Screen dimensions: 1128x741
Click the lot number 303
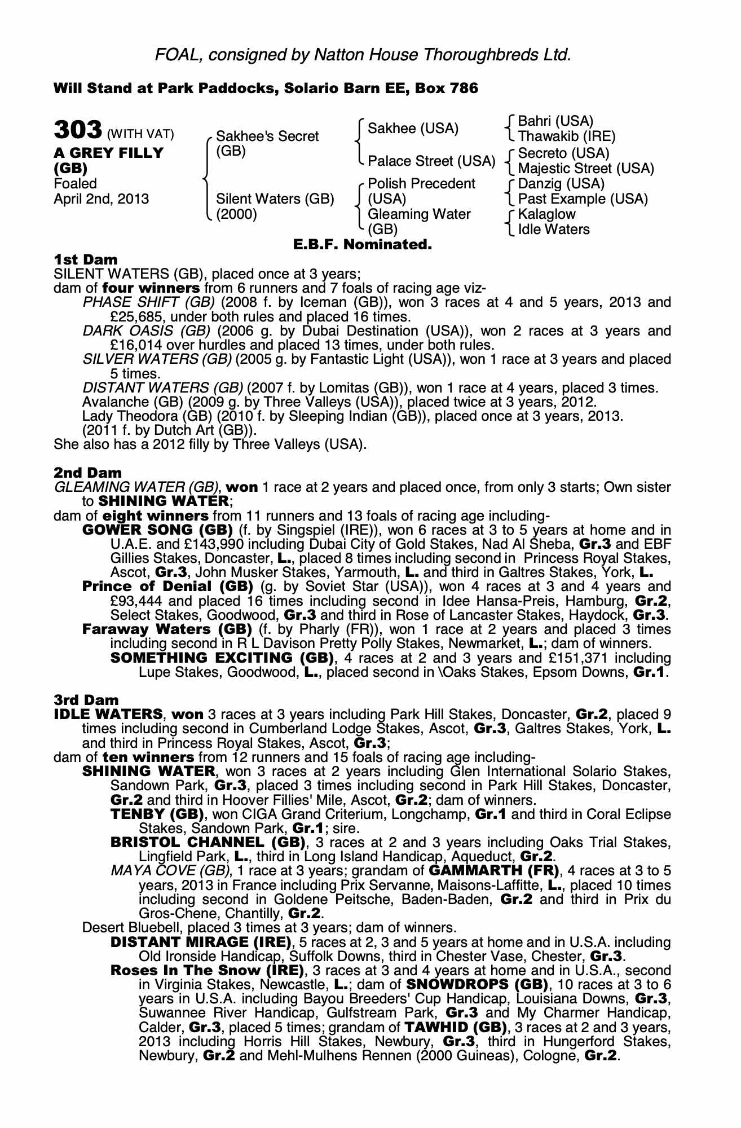[77, 130]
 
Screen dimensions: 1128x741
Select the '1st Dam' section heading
[86, 259]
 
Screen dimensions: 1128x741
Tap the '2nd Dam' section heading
[87, 472]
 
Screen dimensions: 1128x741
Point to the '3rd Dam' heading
[86, 700]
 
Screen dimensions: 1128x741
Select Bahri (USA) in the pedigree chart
[555, 121]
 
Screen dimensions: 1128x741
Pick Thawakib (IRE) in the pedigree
[566, 136]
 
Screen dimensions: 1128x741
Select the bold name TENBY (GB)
[157, 814]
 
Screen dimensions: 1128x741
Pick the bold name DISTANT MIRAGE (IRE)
[201, 942]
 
